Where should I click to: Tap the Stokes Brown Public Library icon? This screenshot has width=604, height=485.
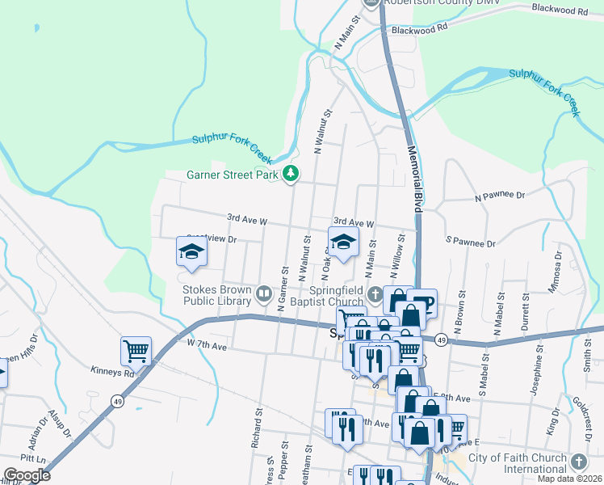pyautogui.click(x=263, y=292)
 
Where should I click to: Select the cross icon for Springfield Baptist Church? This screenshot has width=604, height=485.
pyautogui.click(x=373, y=292)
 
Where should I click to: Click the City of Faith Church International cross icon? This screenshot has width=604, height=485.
pyautogui.click(x=577, y=462)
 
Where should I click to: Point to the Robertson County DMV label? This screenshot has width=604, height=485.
pyautogui.click(x=441, y=3)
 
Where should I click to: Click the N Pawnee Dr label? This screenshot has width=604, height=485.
pyautogui.click(x=500, y=196)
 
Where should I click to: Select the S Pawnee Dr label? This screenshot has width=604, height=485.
pyautogui.click(x=469, y=242)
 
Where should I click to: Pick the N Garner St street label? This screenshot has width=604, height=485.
pyautogui.click(x=283, y=287)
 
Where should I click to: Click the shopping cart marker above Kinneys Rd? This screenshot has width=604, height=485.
pyautogui.click(x=136, y=351)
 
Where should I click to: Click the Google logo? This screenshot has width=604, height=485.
pyautogui.click(x=26, y=475)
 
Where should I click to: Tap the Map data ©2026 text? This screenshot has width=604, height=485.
pyautogui.click(x=569, y=479)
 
